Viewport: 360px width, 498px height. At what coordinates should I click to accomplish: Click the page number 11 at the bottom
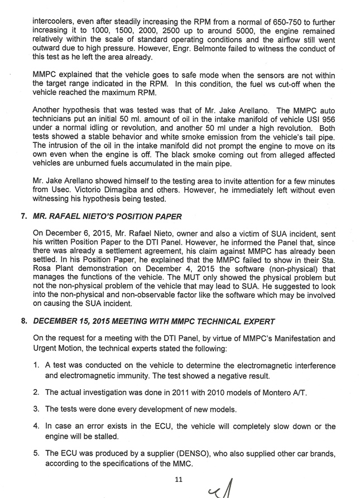click(x=179, y=478)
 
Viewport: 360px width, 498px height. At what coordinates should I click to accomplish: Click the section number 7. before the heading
click(x=23, y=216)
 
